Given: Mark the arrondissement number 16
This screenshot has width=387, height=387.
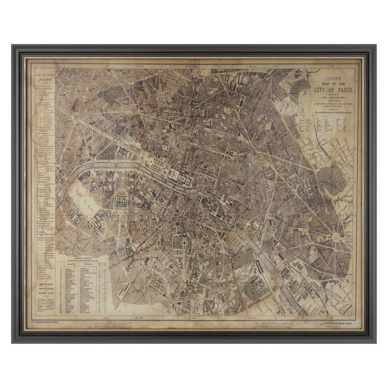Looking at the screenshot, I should (x=69, y=149).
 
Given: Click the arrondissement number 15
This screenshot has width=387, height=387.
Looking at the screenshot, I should (x=99, y=249).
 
